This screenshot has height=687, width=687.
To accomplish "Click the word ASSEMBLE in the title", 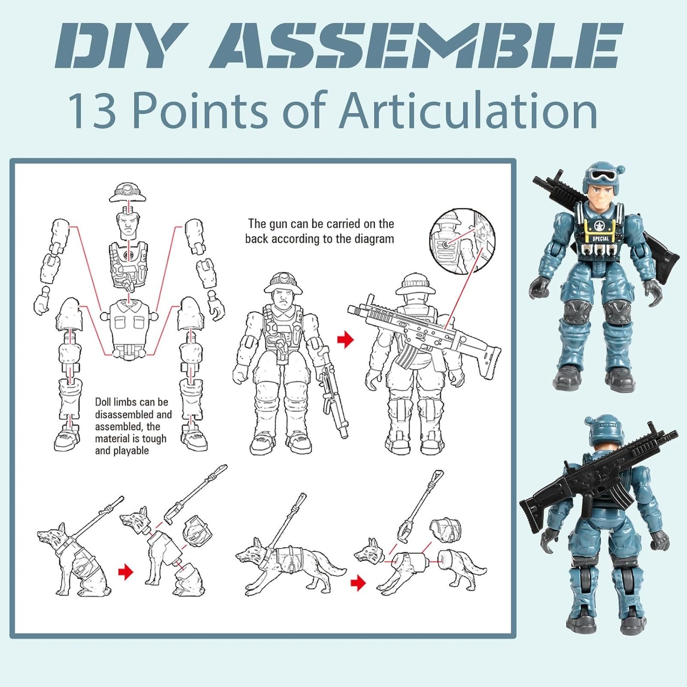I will coord(416,46).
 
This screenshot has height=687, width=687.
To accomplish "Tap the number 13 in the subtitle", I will coord(92,111).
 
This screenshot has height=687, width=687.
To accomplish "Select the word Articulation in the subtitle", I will coord(468,111).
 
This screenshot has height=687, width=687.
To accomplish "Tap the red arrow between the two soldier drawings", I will coord(346,339).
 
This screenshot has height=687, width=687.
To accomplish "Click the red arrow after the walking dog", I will coord(358,582).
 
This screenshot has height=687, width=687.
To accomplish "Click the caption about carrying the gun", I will coord(319,231).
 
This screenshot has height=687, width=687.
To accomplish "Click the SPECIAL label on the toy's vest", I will coord(600,239).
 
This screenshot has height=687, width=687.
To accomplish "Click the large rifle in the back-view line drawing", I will coord(423,333).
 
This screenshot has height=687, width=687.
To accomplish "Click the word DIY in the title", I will coord(119,46).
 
